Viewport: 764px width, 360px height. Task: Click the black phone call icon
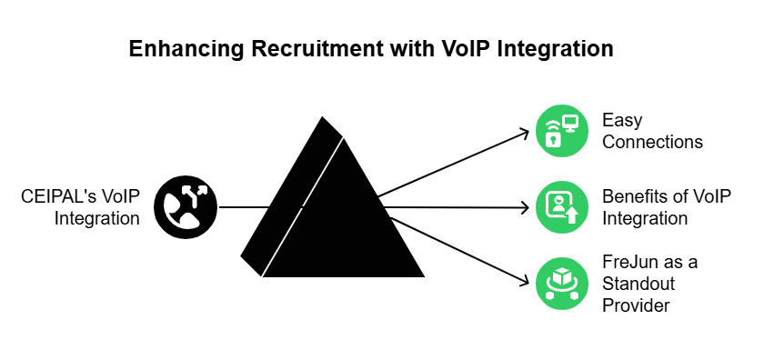coord(186,208)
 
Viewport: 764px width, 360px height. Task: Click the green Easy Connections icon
coord(561,131)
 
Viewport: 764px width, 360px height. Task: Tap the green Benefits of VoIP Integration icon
coord(561,208)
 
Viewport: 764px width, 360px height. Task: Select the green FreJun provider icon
coord(561,284)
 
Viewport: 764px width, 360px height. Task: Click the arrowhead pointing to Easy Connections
coord(524,134)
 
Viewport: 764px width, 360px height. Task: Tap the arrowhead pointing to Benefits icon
coord(524,208)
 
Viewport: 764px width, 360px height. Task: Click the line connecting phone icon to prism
coord(246,208)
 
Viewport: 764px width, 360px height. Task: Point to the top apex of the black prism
coord(322,117)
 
